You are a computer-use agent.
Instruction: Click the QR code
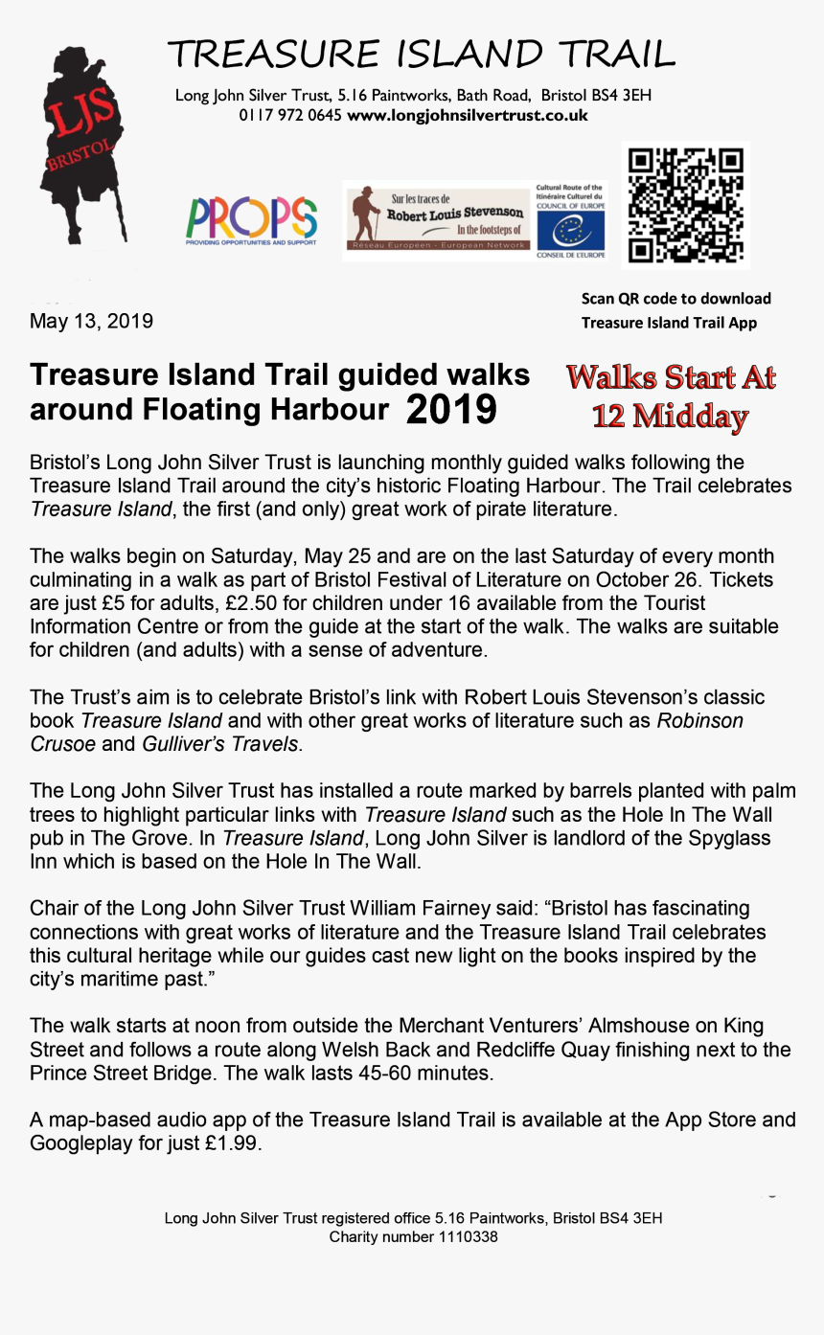tap(685, 205)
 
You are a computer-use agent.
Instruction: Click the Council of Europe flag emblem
tap(570, 231)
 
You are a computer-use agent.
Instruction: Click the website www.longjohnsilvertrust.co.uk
tap(468, 116)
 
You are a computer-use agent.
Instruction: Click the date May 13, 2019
tap(91, 321)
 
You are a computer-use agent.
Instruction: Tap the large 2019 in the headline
tap(451, 410)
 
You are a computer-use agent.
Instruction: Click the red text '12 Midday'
tap(670, 417)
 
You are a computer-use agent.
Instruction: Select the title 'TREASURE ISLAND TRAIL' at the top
tap(421, 55)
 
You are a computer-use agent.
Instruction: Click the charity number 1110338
tap(468, 1237)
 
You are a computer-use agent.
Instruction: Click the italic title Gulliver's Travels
tap(221, 744)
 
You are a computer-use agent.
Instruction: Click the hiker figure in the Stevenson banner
tap(364, 218)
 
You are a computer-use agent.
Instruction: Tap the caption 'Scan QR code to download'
tap(675, 299)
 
